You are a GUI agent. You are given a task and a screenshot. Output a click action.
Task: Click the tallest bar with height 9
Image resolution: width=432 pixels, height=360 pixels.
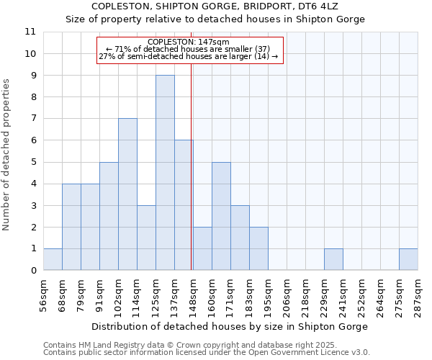[165, 173]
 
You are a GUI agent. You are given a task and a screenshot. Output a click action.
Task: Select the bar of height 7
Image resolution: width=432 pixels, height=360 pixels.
[127, 194]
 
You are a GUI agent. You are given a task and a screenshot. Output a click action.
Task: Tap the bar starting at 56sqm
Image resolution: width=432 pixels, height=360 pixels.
[53, 259]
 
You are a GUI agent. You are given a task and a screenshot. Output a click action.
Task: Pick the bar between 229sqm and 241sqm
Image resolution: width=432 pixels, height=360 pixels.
[333, 259]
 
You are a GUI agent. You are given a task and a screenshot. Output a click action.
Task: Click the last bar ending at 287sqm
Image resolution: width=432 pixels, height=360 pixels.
[408, 259]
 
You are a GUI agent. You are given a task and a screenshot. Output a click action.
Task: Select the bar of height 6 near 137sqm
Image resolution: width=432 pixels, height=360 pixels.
[184, 205]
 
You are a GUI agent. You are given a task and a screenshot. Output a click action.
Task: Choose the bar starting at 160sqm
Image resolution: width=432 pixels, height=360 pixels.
[221, 216]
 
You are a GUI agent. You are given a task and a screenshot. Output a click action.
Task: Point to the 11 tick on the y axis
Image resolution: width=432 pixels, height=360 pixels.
[30, 32]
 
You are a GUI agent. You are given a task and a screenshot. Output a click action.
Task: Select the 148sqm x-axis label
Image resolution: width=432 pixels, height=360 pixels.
[193, 294]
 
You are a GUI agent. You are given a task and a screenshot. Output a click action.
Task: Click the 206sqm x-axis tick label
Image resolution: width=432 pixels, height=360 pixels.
[287, 294]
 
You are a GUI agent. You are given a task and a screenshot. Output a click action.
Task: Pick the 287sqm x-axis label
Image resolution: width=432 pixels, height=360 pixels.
[418, 294]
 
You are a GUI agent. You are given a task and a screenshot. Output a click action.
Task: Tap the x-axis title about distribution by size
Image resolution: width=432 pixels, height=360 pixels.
[230, 326]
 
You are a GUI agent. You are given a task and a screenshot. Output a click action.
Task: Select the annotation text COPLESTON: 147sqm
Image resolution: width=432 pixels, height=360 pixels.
[189, 42]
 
